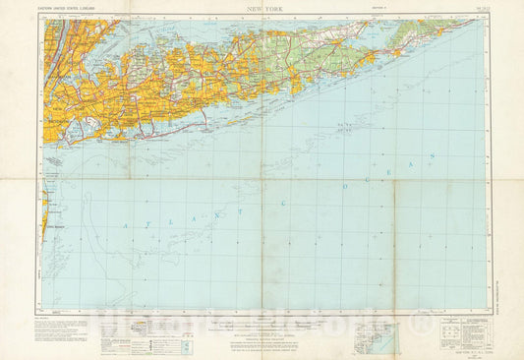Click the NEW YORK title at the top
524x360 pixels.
tap(262, 9)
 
